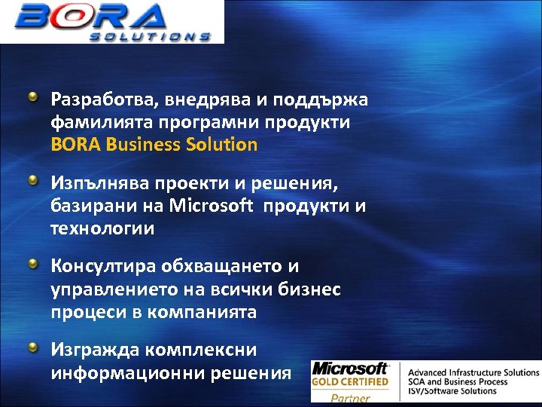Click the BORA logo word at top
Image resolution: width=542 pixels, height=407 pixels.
[94, 17]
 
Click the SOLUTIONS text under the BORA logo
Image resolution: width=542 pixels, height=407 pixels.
[150, 35]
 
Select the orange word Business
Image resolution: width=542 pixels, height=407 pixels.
[144, 144]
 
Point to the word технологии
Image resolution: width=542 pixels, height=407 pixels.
[102, 228]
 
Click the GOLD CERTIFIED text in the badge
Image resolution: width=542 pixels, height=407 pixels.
[350, 382]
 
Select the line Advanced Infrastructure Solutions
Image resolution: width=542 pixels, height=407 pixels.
[473, 372]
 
